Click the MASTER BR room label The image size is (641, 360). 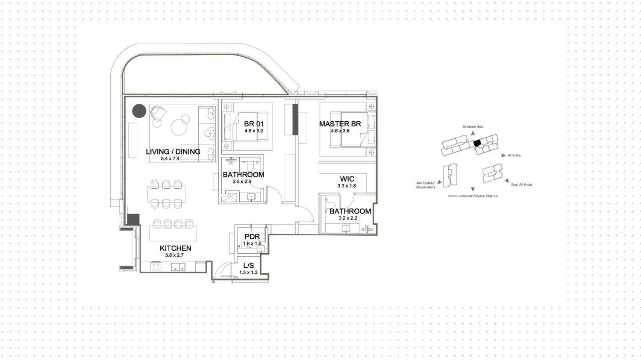click(x=340, y=124)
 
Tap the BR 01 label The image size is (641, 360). click(x=253, y=124)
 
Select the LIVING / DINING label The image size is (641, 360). click(x=173, y=152)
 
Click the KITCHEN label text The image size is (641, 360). click(x=175, y=248)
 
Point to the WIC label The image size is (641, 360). click(x=347, y=179)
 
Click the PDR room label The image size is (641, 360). click(x=252, y=237)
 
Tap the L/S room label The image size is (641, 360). click(x=248, y=266)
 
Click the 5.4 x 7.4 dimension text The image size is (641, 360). click(x=170, y=159)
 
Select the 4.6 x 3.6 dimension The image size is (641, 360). click(x=340, y=131)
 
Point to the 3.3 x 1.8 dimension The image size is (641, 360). click(x=347, y=186)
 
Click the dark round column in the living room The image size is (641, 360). click(x=139, y=111)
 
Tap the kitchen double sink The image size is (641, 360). click(x=178, y=267)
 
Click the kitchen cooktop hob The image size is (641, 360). click(x=156, y=266)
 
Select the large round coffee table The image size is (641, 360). click(x=179, y=127)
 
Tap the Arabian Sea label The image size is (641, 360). click(x=473, y=126)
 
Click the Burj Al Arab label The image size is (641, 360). click(x=521, y=185)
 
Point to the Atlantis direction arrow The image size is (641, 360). click(x=503, y=155)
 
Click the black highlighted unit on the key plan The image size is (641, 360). click(x=477, y=143)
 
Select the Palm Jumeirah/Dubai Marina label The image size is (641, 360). click(x=473, y=196)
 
